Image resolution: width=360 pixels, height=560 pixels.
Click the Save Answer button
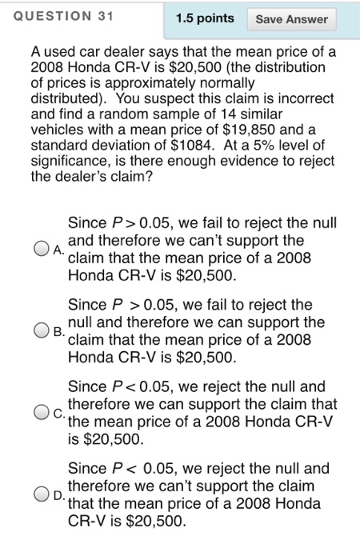291,19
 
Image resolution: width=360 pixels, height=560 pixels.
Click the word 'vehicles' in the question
57,132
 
